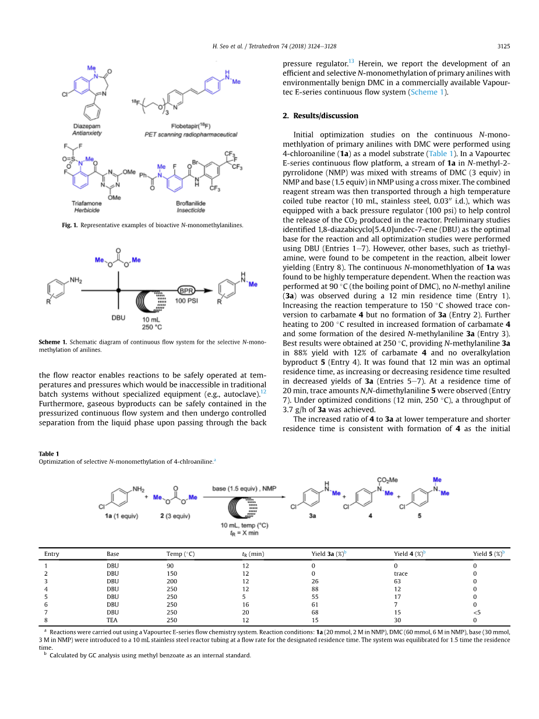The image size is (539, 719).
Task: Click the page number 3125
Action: pos(503,46)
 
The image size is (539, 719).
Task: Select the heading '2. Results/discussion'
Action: pos(320,115)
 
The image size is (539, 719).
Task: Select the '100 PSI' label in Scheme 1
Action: pos(188,300)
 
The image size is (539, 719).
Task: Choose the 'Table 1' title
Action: pos(49,453)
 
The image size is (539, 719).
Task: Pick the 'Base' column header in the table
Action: pos(112,554)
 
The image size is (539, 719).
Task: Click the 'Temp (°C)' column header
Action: pos(180,554)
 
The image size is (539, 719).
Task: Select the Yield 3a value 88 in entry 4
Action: pos(315,589)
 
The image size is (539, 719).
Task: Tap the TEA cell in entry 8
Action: pos(112,620)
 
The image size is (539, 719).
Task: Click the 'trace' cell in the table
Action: pos(400,573)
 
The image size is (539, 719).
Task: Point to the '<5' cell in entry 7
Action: pos(477,612)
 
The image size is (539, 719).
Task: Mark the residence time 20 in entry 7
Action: pos(245,612)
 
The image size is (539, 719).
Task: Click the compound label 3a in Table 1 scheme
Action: pos(312,516)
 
